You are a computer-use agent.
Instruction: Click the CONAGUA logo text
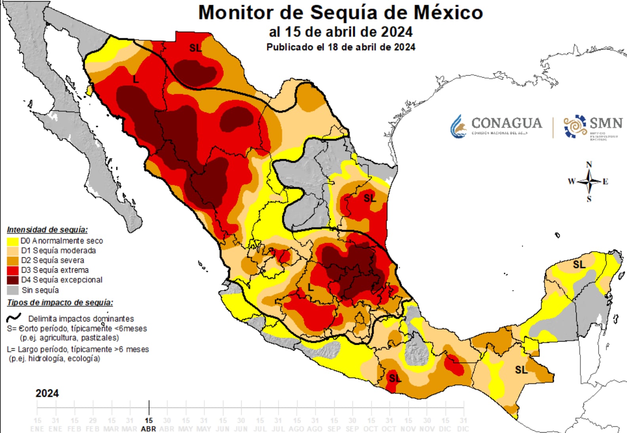(x=506, y=123)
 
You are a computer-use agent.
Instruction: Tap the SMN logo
(x=593, y=127)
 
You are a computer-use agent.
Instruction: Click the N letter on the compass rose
(x=589, y=164)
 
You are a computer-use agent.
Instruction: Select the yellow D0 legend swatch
(x=13, y=241)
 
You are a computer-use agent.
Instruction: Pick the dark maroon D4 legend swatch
(x=13, y=280)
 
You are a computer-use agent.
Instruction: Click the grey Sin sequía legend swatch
(x=13, y=290)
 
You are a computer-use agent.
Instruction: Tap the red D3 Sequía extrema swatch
(x=13, y=270)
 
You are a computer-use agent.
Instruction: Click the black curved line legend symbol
(x=14, y=318)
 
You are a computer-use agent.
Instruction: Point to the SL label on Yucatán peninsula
(x=579, y=264)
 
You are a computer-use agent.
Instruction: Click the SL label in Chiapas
(x=521, y=370)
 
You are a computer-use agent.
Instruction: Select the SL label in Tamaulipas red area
(x=370, y=198)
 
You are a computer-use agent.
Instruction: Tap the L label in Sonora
(x=136, y=80)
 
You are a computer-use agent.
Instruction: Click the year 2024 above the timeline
(x=47, y=393)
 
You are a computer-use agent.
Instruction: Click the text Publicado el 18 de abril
(x=341, y=47)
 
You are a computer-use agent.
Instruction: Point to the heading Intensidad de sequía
(x=47, y=230)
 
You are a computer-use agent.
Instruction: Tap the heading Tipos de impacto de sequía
(x=60, y=303)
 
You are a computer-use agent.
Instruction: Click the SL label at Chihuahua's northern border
(x=195, y=48)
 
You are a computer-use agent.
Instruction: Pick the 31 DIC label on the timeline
(x=463, y=424)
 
